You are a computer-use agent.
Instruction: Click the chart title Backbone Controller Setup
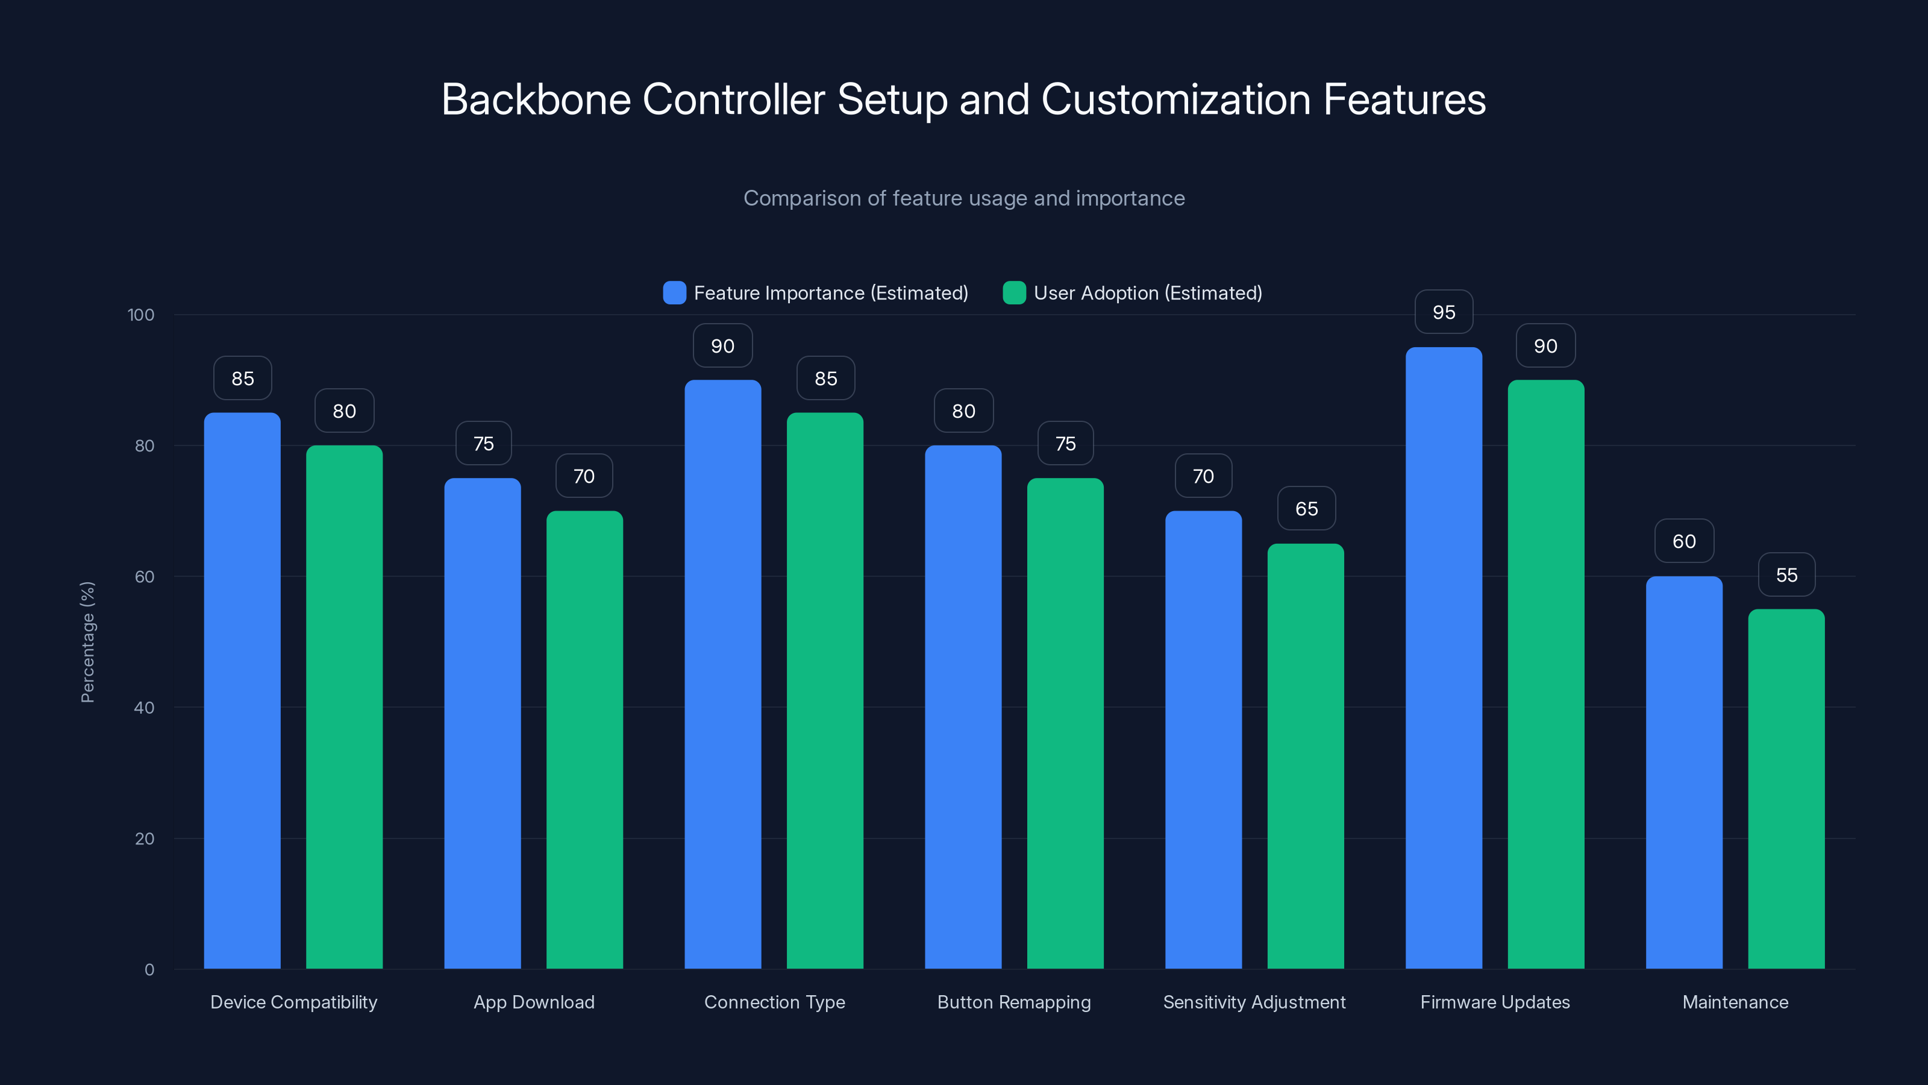point(963,99)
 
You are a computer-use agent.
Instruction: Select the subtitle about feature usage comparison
point(963,198)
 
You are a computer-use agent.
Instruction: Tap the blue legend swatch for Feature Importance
point(674,293)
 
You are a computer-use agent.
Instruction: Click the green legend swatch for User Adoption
point(1013,293)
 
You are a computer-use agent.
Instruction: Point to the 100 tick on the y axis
point(141,315)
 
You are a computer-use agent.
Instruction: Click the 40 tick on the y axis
point(144,708)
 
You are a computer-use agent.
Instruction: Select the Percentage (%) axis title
point(87,642)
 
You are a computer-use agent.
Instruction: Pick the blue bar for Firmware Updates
point(1443,659)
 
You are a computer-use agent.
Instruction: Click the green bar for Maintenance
point(1786,790)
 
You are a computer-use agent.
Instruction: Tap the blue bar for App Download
point(483,723)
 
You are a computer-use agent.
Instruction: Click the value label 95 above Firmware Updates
point(1444,312)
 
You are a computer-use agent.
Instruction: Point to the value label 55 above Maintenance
point(1786,575)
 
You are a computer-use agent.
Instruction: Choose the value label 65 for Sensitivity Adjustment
point(1306,509)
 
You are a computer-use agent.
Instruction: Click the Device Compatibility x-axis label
point(293,1002)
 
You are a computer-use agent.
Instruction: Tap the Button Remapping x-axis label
point(1013,1002)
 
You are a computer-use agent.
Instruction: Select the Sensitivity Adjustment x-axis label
point(1254,1002)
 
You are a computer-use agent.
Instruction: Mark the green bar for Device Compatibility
point(344,708)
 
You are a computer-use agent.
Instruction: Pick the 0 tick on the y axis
point(149,970)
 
